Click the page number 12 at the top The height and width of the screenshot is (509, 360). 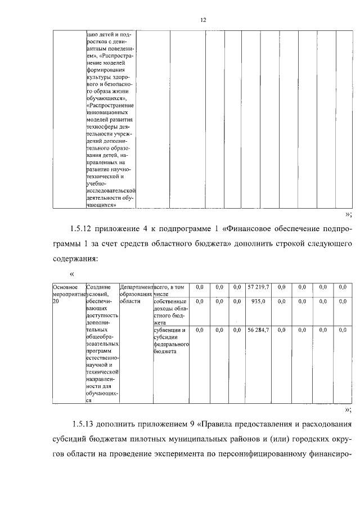[x=203, y=20]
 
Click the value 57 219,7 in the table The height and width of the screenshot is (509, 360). [x=259, y=287]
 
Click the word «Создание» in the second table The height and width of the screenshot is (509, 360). [x=98, y=287]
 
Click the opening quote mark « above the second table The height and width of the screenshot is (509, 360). [x=71, y=274]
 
